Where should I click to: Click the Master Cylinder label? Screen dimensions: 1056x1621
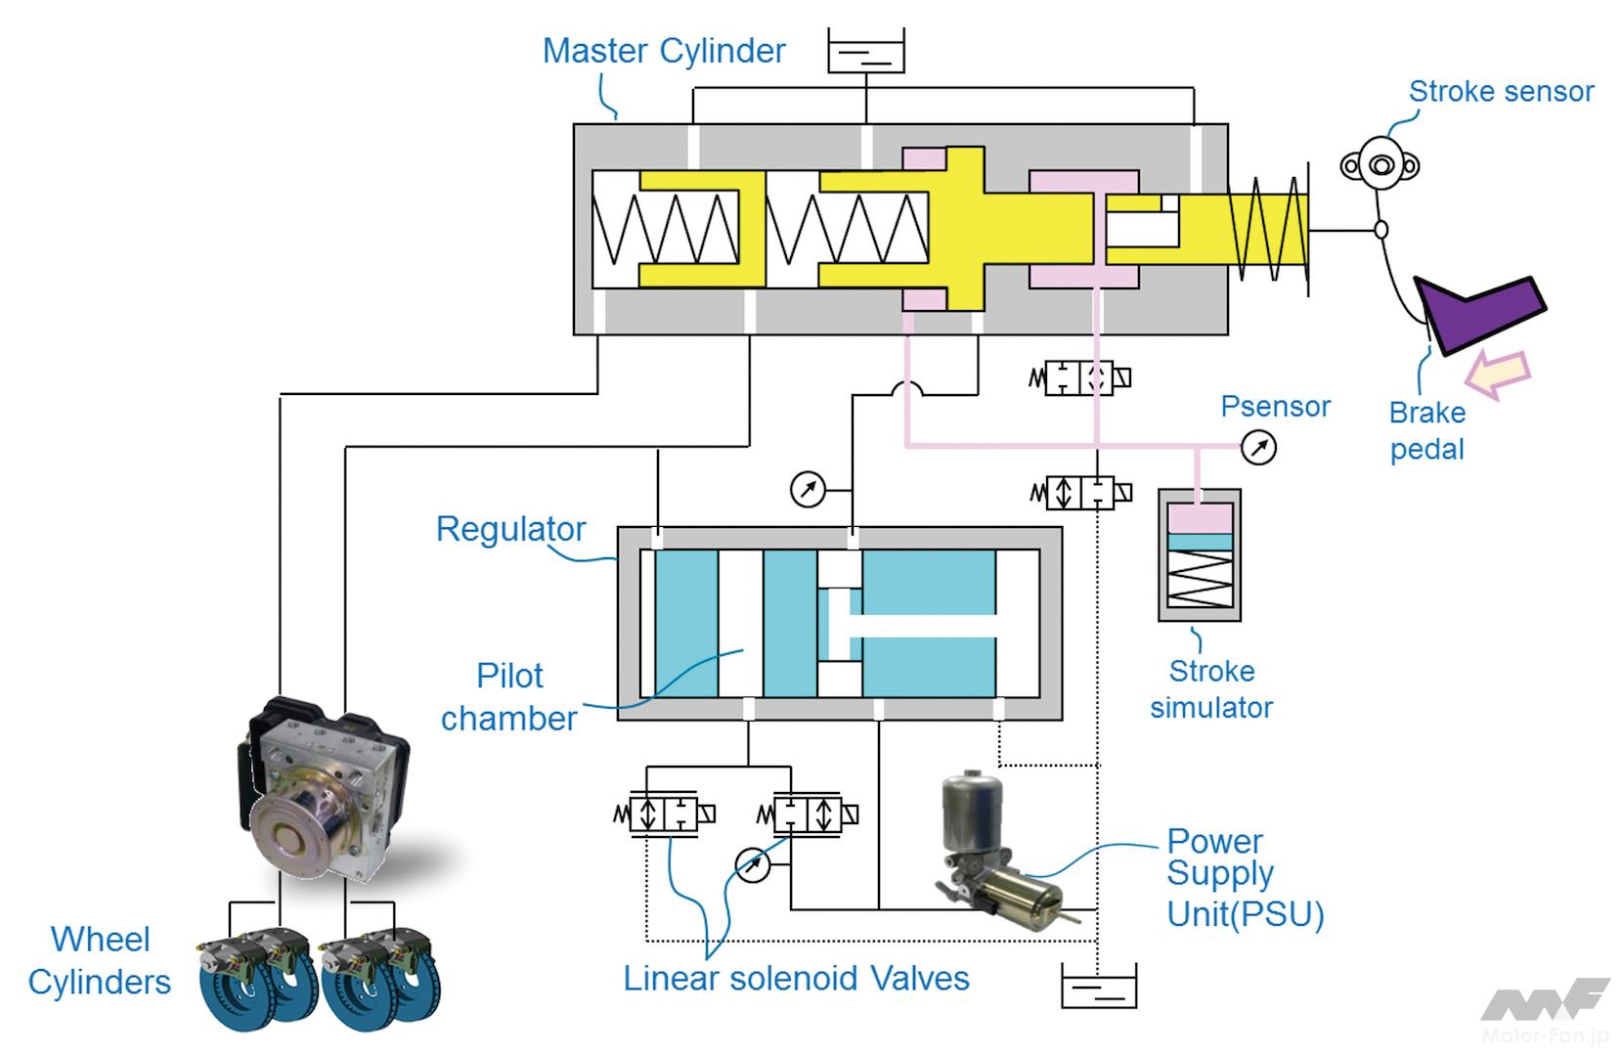[x=663, y=51]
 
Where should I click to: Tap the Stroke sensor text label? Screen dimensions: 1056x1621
[x=1500, y=92]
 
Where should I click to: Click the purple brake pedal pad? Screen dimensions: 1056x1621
[x=1481, y=312]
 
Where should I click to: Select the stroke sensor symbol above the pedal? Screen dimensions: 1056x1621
[x=1380, y=165]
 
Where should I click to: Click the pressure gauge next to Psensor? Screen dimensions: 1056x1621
[x=1258, y=448]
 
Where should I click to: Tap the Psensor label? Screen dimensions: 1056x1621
[x=1275, y=407]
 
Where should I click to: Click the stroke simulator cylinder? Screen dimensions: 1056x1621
[x=1200, y=554]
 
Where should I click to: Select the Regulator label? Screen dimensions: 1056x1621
[x=510, y=529]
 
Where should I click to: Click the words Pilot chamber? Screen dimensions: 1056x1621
[x=509, y=697]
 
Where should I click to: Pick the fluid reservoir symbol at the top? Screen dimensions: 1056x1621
[x=866, y=51]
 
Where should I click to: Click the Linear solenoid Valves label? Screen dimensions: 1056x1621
[x=796, y=979]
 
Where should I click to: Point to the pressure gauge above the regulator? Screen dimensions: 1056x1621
[x=808, y=489]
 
